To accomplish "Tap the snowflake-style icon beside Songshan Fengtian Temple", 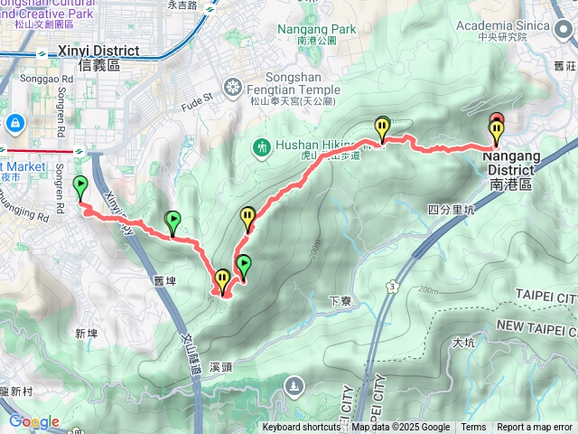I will coord(233,88).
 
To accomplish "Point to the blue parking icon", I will coord(15,122).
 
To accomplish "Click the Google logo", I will coord(33,421).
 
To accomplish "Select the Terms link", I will coord(473,428).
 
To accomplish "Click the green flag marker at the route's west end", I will coord(79,186).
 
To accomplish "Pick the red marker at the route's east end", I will coord(496,119).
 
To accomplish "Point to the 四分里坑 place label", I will coord(451,210).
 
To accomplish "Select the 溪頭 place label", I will coord(221,368).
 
